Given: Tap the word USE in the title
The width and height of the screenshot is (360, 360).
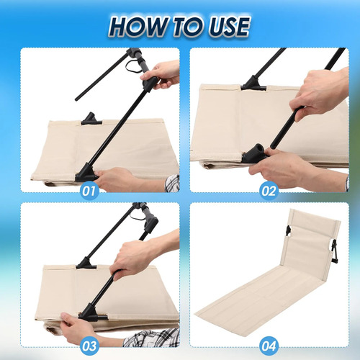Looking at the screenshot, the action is click(229, 27).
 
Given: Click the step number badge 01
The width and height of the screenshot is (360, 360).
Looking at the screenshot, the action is click(89, 192).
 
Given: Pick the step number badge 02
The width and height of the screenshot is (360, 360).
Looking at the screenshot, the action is click(269, 192).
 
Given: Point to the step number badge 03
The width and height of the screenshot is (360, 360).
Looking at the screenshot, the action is click(89, 346).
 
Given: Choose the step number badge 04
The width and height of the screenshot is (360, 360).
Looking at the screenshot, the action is click(269, 346).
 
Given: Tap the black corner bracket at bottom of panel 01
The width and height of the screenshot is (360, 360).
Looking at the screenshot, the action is click(86, 174).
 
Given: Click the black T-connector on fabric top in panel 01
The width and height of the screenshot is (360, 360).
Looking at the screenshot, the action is click(91, 119).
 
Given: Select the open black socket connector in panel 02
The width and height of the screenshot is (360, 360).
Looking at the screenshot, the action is click(254, 153).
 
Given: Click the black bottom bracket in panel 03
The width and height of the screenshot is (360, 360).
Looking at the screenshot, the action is click(91, 312).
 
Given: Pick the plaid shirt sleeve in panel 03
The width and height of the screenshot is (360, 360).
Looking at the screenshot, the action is click(152, 338).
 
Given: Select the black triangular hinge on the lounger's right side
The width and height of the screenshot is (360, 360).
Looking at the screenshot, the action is click(334, 252).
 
